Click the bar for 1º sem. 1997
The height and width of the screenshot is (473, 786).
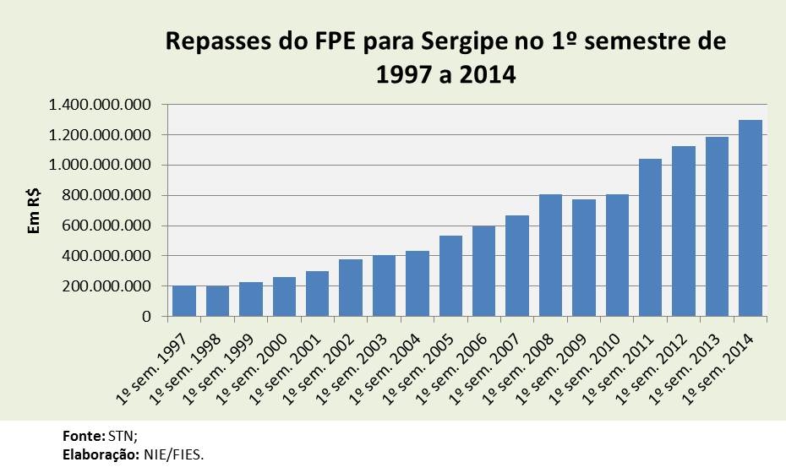(184, 301)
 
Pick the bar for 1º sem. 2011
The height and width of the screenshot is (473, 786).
(651, 237)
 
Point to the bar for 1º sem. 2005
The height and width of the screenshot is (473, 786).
(450, 276)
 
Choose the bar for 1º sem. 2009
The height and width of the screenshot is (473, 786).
(584, 258)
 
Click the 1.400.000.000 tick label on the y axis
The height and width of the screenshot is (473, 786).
(100, 105)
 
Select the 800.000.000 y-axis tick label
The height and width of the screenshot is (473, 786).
(108, 195)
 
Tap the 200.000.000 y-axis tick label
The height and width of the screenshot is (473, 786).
(108, 286)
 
